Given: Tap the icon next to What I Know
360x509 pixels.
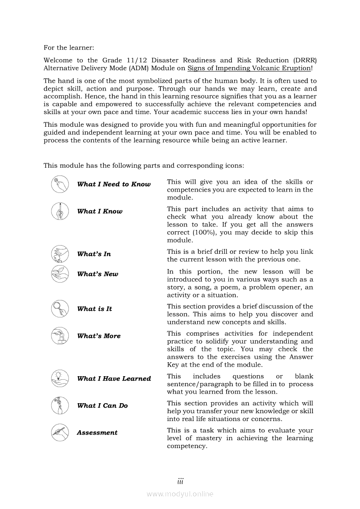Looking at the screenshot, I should tap(60, 211).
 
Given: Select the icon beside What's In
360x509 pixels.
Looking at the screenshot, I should tap(60, 254).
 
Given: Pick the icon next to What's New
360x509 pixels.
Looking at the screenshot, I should tap(60, 274).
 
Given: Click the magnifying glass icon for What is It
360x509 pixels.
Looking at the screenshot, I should tap(60, 309).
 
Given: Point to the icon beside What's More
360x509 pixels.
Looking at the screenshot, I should tap(60, 336).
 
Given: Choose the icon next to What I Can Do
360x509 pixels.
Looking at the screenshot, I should tap(60, 405).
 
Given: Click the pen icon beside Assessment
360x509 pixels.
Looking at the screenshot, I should tap(60, 432).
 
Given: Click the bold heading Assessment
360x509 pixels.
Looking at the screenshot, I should tap(97, 433).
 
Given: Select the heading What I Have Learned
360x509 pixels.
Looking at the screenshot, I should tap(114, 379).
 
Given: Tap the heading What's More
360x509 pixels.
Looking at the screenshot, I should tap(99, 336).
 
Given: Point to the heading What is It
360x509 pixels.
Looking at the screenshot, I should tap(95, 309).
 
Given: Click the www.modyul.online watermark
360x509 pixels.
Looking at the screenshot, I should tap(180, 494).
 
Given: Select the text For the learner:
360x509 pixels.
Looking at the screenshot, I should tap(69, 47).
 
